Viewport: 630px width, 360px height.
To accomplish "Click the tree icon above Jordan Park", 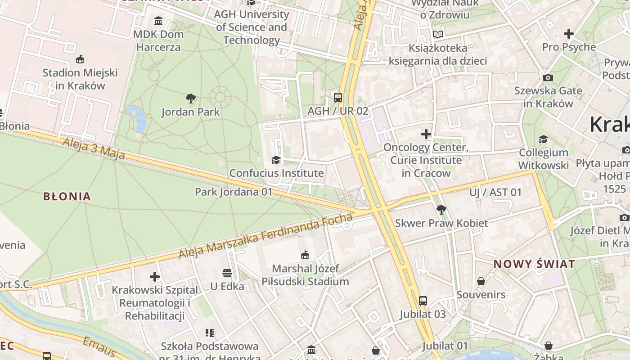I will click(x=191, y=98).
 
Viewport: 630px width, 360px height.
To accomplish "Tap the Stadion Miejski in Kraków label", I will click(x=80, y=79).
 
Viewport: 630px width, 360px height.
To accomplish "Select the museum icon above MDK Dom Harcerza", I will click(x=158, y=21).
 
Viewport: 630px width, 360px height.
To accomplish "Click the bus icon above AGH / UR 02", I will click(x=337, y=97).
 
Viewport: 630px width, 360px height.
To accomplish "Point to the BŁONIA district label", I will click(x=67, y=196).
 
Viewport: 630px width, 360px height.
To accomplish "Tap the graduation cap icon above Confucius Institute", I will click(x=276, y=160).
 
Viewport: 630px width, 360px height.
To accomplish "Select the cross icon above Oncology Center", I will click(x=426, y=134).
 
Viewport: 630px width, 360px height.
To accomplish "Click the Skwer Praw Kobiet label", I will click(x=441, y=223).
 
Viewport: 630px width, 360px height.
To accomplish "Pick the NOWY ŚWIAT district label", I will click(x=534, y=264).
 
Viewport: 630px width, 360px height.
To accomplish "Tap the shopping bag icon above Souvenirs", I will click(x=481, y=281).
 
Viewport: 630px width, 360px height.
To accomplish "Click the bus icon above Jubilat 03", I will click(x=423, y=301).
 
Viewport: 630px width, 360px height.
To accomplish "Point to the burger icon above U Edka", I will click(x=227, y=273).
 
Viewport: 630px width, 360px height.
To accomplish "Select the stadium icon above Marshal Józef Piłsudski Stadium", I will click(x=306, y=255).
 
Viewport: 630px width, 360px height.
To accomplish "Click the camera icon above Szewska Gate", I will click(x=548, y=77).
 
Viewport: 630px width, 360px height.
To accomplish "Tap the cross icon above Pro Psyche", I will click(x=569, y=34).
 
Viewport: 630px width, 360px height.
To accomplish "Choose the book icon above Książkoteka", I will click(x=437, y=34).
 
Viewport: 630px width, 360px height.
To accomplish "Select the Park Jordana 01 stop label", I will click(x=234, y=192).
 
